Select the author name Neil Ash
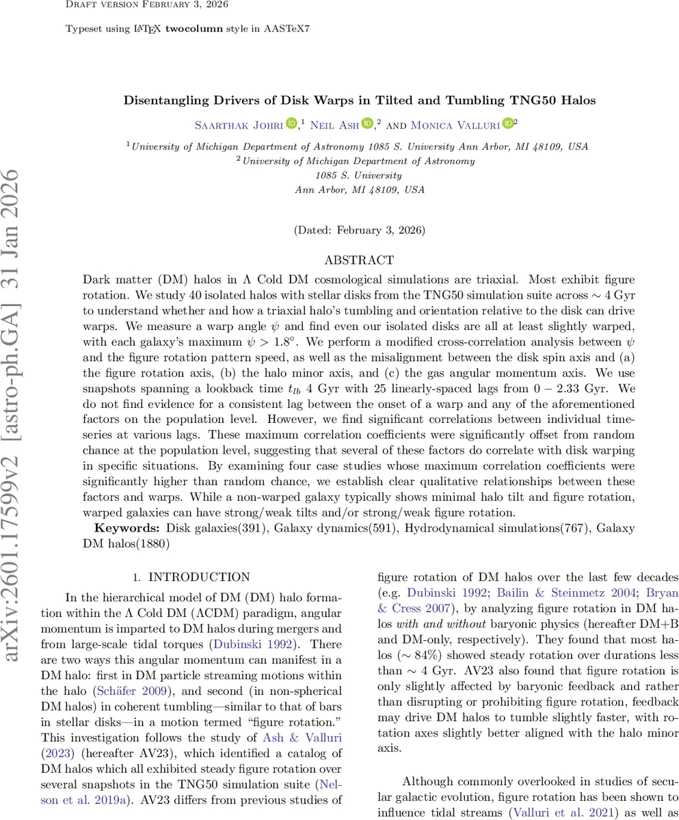point(334,124)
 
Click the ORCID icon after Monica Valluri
point(507,124)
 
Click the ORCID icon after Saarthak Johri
point(291,124)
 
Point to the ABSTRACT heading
point(359,260)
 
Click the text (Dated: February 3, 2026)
point(359,230)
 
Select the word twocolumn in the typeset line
point(194,30)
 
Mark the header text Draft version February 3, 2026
point(147,5)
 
